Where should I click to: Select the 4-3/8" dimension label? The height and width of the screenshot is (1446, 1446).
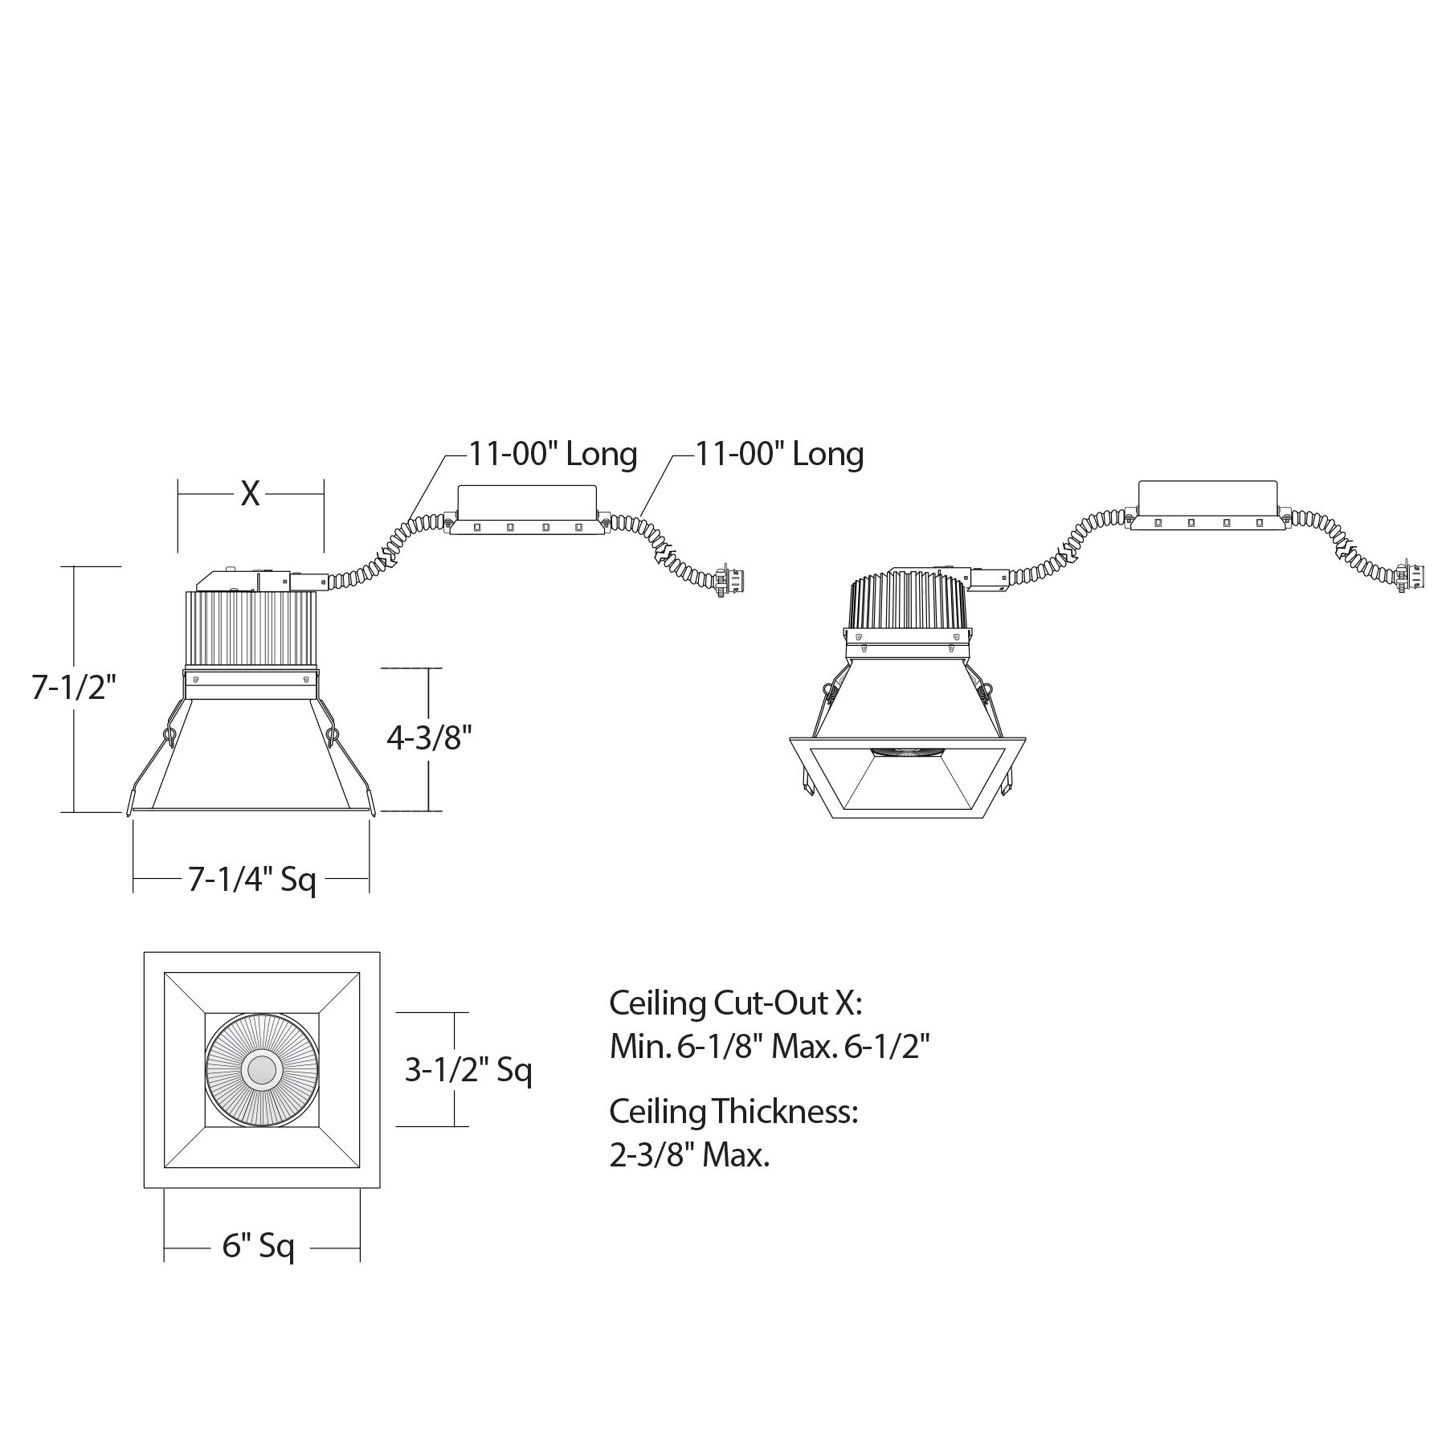429,737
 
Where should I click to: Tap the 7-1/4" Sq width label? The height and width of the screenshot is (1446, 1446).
252,880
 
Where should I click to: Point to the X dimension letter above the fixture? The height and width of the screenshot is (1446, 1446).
250,493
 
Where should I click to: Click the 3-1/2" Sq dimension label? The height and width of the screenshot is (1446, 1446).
468,1069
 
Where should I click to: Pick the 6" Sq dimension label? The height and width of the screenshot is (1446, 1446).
259,1246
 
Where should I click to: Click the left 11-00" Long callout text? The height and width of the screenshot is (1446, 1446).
553,454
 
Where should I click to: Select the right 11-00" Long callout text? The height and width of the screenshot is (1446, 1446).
779,454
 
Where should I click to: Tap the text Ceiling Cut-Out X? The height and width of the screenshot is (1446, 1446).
736,1003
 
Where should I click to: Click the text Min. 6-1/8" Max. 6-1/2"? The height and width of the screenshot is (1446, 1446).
770,1047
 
